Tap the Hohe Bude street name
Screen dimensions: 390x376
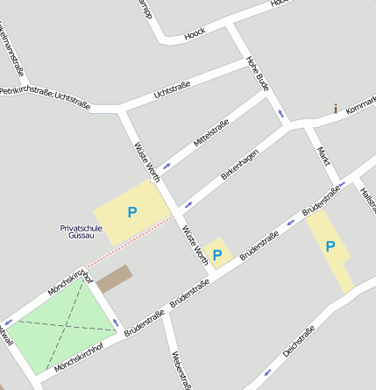click(256, 74)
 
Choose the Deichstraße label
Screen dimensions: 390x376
click(299, 343)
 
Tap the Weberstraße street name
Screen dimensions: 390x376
click(181, 369)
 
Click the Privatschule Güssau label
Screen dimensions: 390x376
click(82, 232)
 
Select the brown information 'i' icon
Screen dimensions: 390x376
click(335, 109)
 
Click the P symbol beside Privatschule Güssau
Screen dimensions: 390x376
click(132, 212)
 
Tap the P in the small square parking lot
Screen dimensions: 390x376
click(217, 255)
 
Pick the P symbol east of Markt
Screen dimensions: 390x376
click(330, 246)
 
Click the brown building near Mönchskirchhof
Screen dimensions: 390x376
click(113, 279)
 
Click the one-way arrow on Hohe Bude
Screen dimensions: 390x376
click(280, 113)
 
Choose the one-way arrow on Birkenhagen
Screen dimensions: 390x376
click(187, 206)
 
